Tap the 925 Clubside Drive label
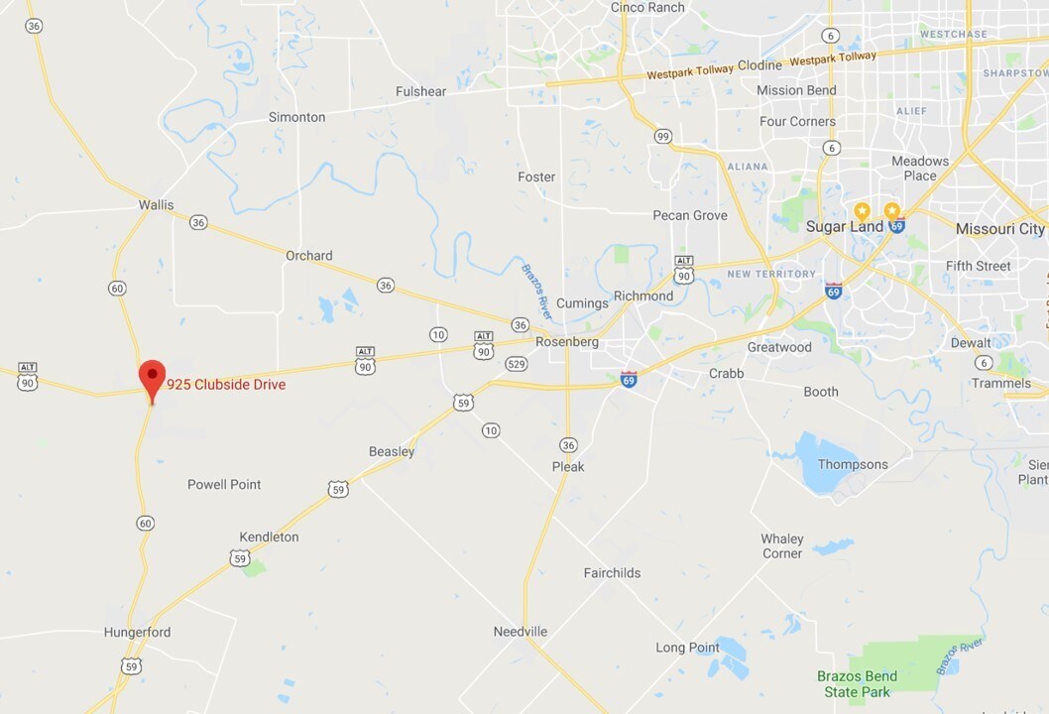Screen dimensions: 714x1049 point(226,385)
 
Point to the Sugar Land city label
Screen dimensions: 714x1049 point(845,227)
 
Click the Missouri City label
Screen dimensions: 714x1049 point(999,229)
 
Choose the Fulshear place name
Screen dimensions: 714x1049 point(420,91)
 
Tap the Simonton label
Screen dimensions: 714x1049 point(296,117)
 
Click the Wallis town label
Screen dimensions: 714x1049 point(156,205)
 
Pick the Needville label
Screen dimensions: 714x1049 point(521,632)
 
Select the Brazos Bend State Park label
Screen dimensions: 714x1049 point(857,684)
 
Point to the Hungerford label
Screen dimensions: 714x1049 point(137,632)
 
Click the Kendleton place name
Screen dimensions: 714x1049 point(269,536)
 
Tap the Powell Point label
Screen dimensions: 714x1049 point(224,484)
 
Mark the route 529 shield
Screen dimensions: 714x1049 point(516,365)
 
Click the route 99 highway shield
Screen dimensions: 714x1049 point(661,135)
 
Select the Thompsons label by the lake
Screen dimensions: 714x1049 point(853,464)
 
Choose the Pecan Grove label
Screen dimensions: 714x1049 point(689,215)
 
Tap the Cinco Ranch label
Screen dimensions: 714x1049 point(647,8)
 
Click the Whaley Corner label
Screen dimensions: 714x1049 point(782,546)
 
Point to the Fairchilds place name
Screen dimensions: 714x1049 point(612,572)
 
